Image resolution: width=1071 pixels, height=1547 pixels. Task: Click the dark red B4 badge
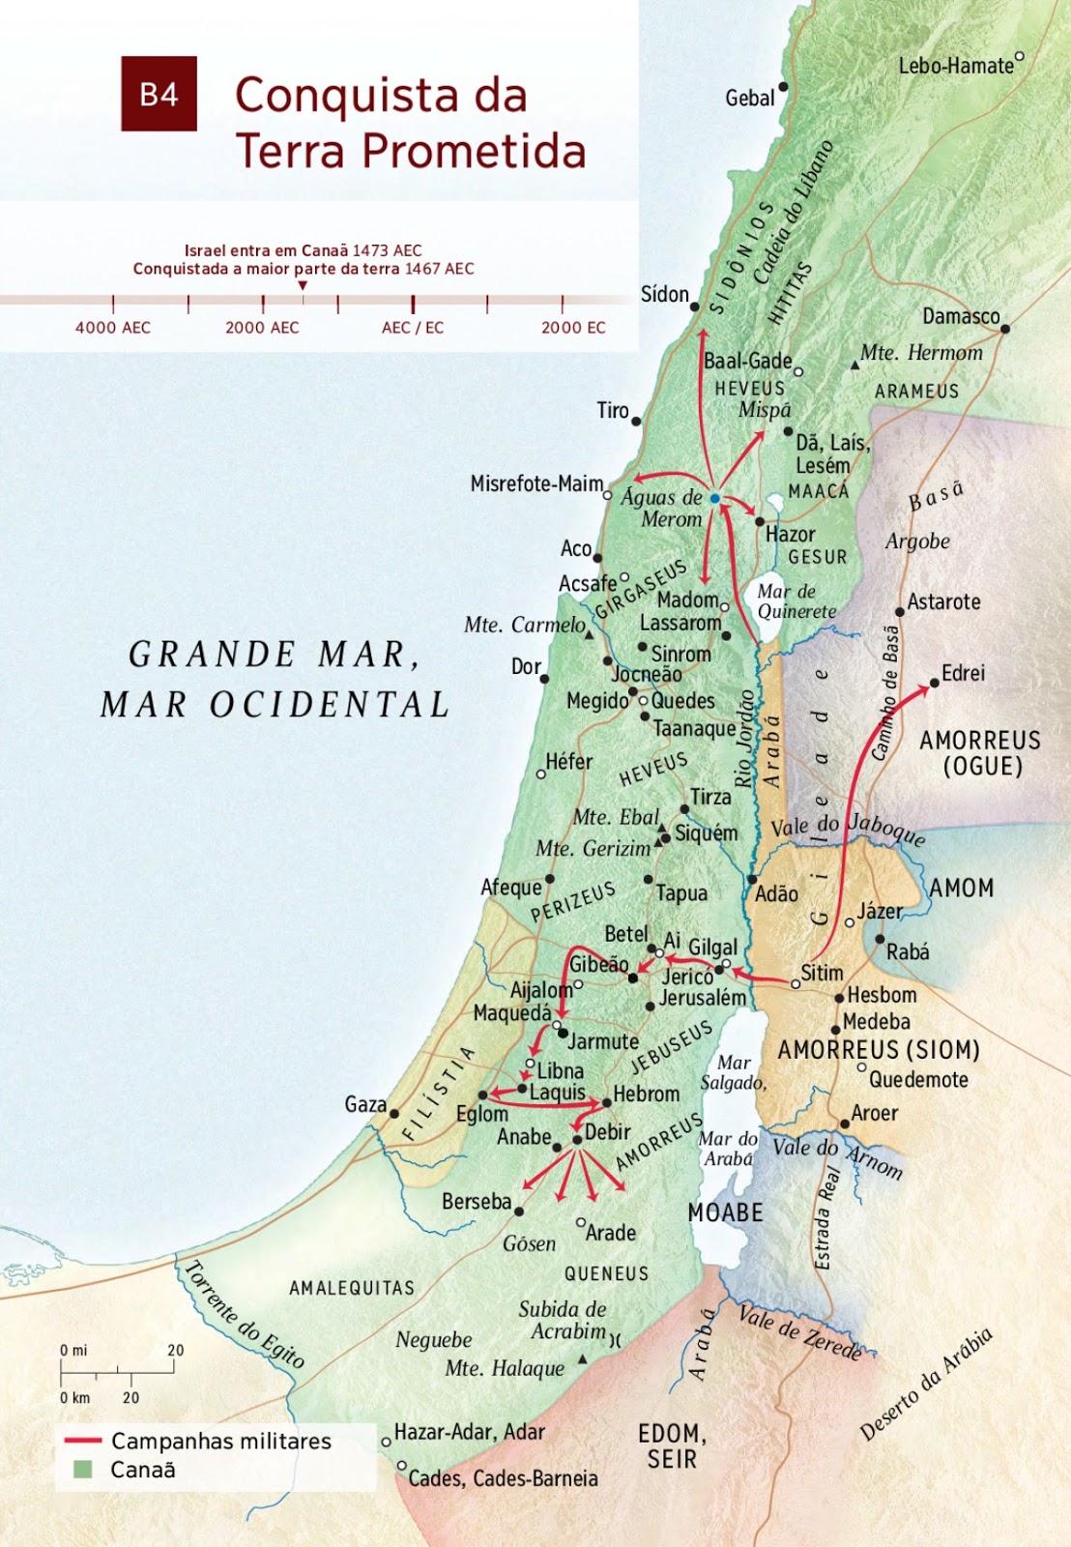click(x=159, y=94)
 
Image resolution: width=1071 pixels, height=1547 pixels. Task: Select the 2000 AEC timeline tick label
click(x=262, y=328)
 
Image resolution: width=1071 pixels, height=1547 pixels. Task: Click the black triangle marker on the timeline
click(x=303, y=286)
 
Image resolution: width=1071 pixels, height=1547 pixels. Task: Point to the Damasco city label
click(x=960, y=316)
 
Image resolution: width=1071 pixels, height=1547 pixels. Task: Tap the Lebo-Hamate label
click(x=955, y=66)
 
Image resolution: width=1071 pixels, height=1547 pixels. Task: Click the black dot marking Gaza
click(x=394, y=1114)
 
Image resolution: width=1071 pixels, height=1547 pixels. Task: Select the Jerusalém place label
click(x=703, y=997)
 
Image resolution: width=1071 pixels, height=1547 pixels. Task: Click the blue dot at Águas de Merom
click(x=714, y=499)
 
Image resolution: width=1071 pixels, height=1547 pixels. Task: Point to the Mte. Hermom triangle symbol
click(x=854, y=365)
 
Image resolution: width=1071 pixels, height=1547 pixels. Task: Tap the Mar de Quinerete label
click(x=795, y=601)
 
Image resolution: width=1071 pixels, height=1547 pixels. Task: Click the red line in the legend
click(x=82, y=1441)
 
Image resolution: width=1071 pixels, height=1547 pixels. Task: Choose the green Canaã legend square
click(x=83, y=1470)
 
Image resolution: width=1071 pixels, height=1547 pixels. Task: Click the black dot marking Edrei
click(x=934, y=684)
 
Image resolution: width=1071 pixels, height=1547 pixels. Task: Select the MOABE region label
click(x=725, y=1212)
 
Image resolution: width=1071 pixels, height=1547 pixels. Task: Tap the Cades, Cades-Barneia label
click(x=503, y=1478)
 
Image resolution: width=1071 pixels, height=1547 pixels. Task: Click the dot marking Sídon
click(x=694, y=306)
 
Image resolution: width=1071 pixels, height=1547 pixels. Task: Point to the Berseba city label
click(x=476, y=1202)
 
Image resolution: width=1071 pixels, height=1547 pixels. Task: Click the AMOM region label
click(x=961, y=888)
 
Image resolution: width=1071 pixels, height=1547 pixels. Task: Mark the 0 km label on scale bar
click(x=74, y=1397)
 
